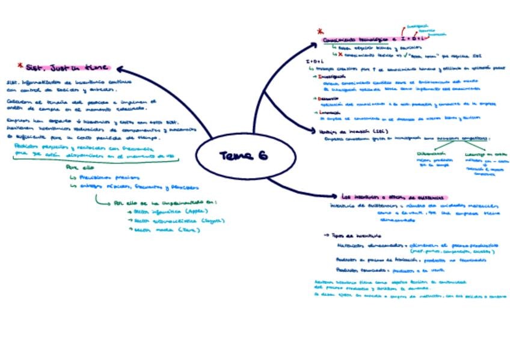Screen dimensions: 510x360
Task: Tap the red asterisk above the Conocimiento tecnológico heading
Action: pos(320,32)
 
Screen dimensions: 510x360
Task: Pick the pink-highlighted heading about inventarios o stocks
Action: pos(394,197)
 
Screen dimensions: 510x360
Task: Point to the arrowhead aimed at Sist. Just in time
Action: pos(120,70)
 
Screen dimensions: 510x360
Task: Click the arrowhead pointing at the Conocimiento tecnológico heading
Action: pos(312,46)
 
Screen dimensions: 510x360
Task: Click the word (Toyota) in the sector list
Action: pos(210,221)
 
